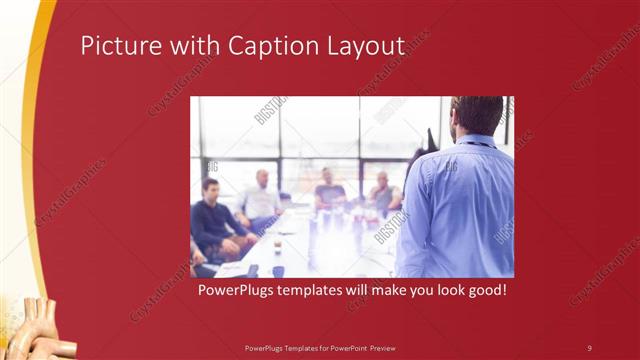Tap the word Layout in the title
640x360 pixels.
365,47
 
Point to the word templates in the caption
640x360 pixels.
310,291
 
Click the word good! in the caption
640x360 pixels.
481,291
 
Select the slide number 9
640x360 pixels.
589,347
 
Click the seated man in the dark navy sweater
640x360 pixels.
213,218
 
